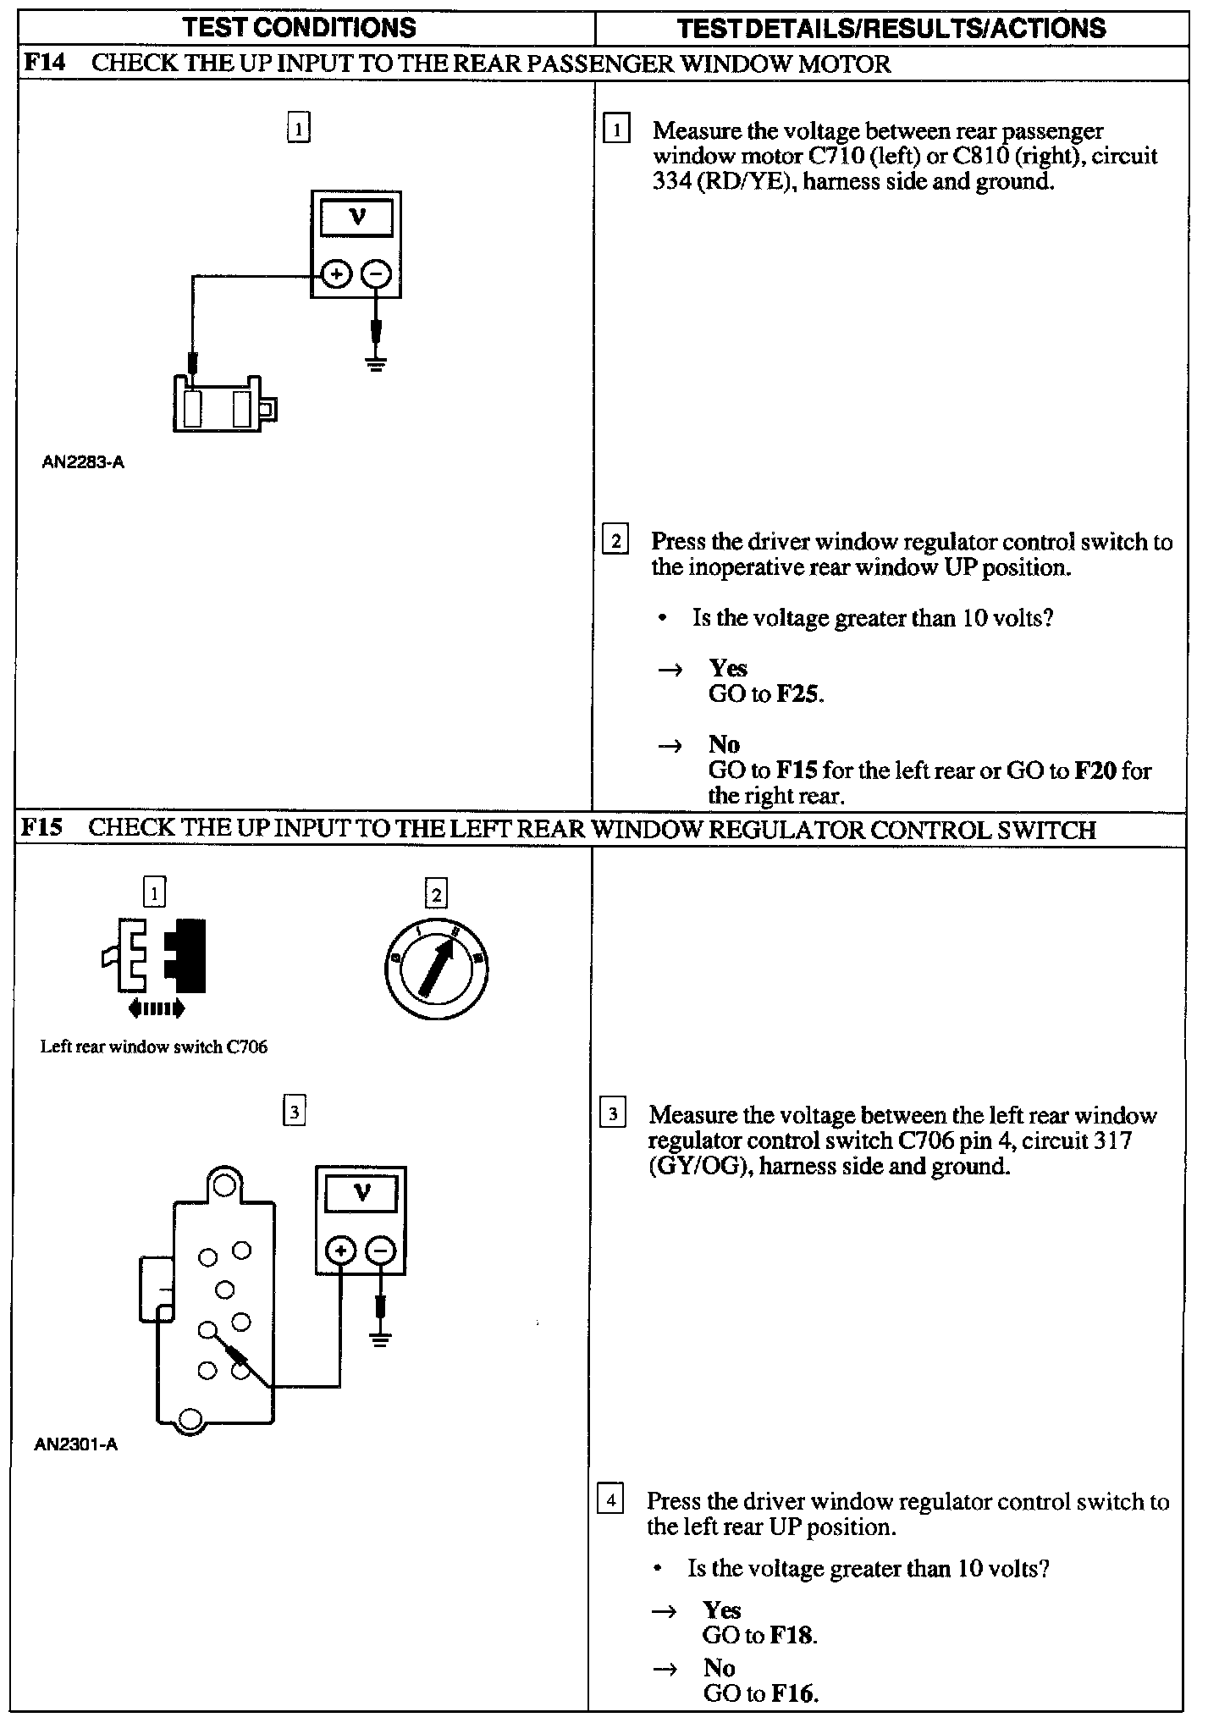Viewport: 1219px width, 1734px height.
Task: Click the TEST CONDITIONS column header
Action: point(300,27)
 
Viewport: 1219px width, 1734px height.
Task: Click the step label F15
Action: point(42,827)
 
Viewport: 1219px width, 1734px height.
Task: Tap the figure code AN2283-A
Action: point(83,462)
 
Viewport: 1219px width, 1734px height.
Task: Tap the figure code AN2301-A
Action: point(75,1444)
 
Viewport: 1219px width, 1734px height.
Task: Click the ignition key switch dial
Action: point(435,969)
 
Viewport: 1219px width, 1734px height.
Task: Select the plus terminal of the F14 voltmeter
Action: point(337,274)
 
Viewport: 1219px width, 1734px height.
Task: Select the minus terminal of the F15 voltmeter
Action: point(381,1251)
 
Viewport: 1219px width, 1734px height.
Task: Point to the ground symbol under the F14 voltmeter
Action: point(377,364)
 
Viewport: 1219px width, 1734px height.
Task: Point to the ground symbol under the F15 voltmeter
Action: point(381,1339)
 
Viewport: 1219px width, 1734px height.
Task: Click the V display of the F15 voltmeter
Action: point(361,1194)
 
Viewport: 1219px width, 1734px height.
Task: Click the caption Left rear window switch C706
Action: point(153,1046)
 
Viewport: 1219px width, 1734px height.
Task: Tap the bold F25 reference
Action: point(798,694)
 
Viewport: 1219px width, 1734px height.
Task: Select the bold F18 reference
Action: point(792,1635)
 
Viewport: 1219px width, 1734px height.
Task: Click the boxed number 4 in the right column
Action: point(610,1501)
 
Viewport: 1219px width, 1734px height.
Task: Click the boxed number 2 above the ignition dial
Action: point(436,894)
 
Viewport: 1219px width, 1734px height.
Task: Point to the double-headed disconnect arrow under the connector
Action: point(155,1008)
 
